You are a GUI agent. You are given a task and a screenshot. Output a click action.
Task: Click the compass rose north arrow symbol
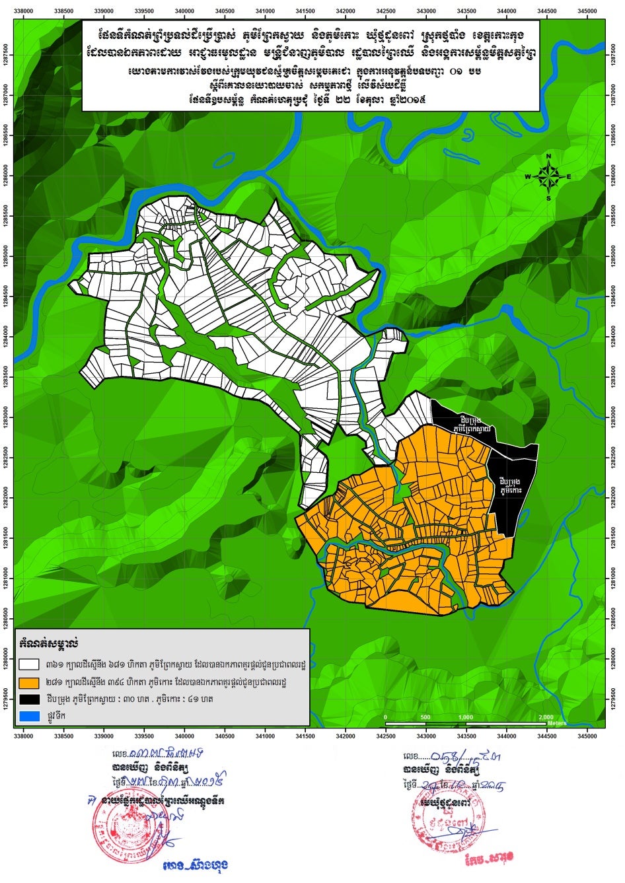pyautogui.click(x=548, y=176)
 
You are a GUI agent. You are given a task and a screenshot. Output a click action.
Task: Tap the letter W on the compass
pyautogui.click(x=528, y=177)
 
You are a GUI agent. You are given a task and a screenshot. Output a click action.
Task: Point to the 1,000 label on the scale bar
pyautogui.click(x=466, y=717)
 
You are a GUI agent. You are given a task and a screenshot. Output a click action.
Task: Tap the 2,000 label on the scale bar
pyautogui.click(x=546, y=717)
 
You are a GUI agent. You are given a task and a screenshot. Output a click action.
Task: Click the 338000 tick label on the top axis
pyautogui.click(x=24, y=10)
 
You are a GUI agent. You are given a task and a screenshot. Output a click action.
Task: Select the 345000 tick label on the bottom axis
pyautogui.click(x=587, y=734)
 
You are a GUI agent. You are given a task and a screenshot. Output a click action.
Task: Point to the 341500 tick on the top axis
pyautogui.click(x=305, y=10)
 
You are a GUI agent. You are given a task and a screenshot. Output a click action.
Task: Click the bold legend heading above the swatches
pyautogui.click(x=50, y=642)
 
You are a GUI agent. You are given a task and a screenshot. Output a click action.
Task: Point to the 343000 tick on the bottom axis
pyautogui.click(x=426, y=734)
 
